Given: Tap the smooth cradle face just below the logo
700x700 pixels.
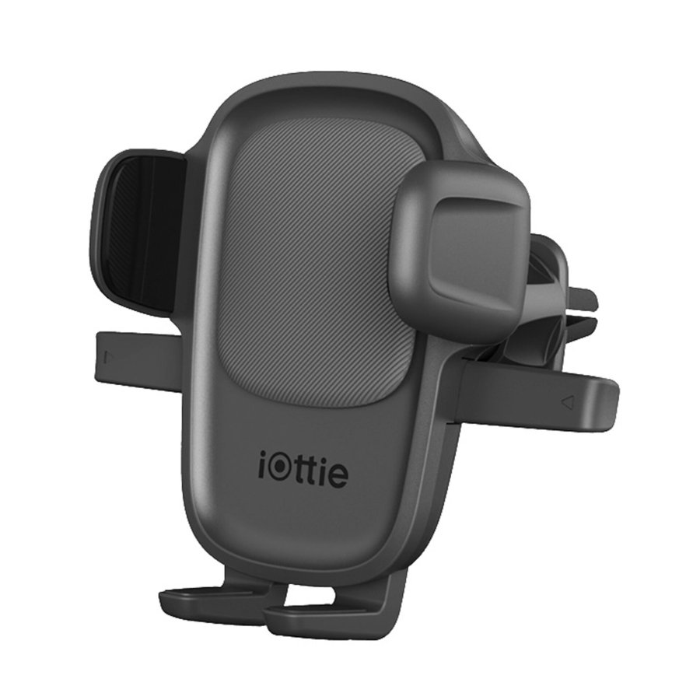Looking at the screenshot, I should (303, 521).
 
